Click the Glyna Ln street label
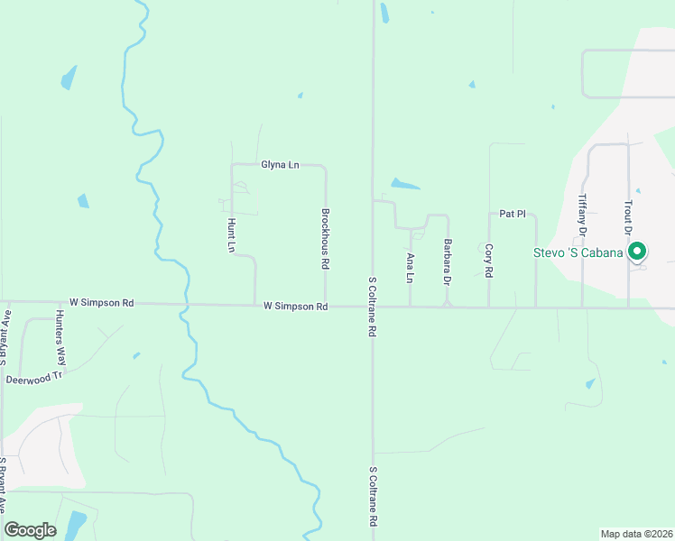(x=280, y=165)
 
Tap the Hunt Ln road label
(x=232, y=234)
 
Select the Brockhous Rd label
(x=325, y=240)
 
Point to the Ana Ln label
(x=411, y=268)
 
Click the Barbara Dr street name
(x=446, y=261)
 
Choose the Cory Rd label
(x=488, y=260)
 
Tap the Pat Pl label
(x=513, y=214)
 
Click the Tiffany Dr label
(x=583, y=216)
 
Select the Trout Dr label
(x=628, y=217)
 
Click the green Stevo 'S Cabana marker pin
(x=637, y=252)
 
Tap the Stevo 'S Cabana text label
(x=577, y=252)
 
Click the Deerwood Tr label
(x=35, y=380)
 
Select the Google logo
(x=30, y=530)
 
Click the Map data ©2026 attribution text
(x=636, y=534)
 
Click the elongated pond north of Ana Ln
(x=405, y=185)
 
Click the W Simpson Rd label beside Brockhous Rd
(x=295, y=307)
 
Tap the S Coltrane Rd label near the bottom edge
(x=371, y=497)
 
